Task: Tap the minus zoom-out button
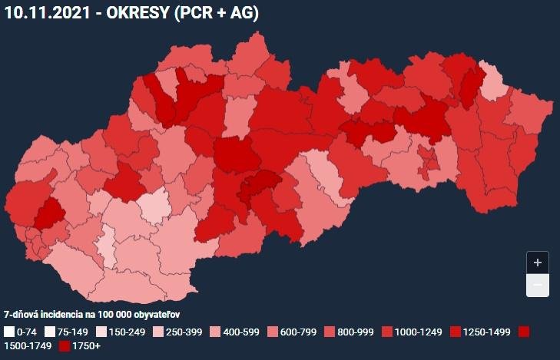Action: coord(538,286)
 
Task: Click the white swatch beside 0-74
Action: coord(8,332)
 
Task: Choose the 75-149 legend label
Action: coord(72,332)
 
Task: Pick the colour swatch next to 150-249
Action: coord(104,332)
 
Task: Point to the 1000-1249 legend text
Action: coord(419,332)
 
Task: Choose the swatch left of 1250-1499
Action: coord(455,332)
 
